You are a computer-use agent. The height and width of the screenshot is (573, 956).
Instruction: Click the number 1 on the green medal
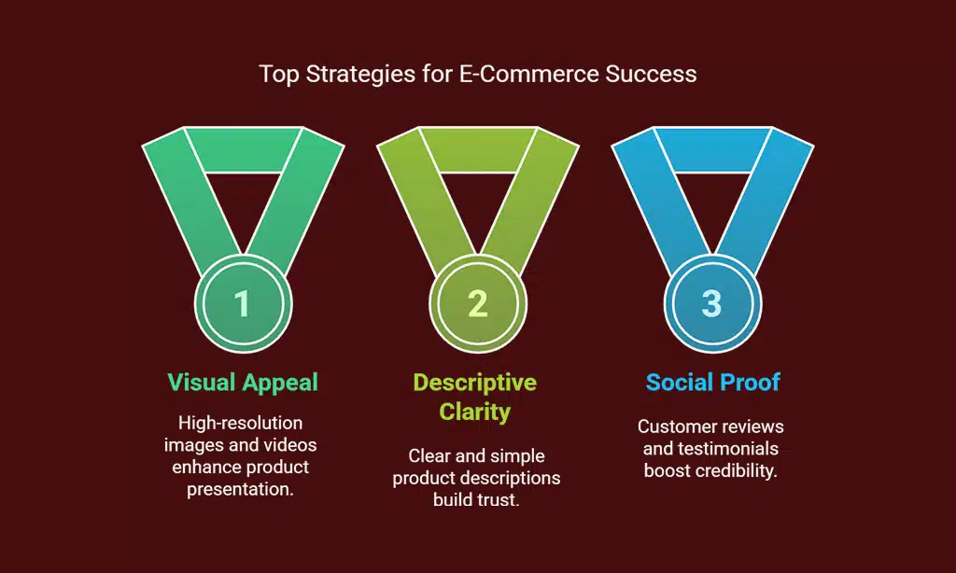point(242,303)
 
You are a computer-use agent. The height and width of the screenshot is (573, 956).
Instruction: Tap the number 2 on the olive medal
point(477,303)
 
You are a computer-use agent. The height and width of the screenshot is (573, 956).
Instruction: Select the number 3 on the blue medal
point(711,303)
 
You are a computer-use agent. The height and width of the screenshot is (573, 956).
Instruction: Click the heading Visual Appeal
point(243,383)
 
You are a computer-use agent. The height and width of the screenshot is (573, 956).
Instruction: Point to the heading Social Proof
point(712,383)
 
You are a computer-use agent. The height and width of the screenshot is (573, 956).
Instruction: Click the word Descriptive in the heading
point(475,383)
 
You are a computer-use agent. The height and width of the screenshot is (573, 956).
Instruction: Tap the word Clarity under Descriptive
point(475,412)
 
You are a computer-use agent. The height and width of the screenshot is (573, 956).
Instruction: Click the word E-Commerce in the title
point(529,74)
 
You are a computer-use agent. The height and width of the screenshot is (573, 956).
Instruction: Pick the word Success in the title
point(651,74)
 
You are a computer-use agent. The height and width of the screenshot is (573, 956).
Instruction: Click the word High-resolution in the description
point(240,423)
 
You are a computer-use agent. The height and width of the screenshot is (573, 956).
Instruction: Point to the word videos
point(291,445)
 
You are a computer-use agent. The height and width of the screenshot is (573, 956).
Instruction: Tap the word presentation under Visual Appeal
point(240,489)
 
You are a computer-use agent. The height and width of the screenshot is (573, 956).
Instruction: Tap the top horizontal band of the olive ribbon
point(477,150)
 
